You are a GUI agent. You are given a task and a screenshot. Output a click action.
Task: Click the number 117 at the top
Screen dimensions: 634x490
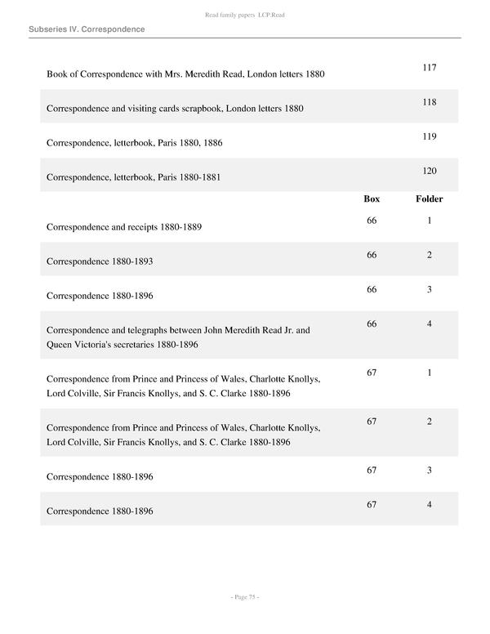click(x=430, y=67)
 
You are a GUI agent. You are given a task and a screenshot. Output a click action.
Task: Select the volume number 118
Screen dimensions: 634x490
click(x=430, y=102)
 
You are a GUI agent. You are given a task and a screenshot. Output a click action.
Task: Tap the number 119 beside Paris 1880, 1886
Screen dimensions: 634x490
click(x=430, y=136)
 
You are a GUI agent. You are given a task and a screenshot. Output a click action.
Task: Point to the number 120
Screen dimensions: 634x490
click(x=430, y=171)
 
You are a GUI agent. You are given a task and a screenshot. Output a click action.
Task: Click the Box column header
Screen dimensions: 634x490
click(x=372, y=199)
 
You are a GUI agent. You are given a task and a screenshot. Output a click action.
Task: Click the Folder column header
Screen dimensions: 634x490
click(x=430, y=199)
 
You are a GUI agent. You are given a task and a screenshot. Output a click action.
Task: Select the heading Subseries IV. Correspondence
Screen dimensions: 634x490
click(x=87, y=29)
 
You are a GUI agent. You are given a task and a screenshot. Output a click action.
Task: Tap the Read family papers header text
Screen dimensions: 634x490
click(x=245, y=16)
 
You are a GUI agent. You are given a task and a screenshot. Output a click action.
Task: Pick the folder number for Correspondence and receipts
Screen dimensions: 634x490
click(x=430, y=221)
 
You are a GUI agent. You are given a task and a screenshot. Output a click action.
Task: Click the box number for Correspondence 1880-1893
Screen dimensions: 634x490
click(x=372, y=255)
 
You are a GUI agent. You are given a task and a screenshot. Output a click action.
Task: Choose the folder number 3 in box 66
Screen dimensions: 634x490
click(x=430, y=289)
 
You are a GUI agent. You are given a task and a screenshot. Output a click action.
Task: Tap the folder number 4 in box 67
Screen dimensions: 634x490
click(x=430, y=505)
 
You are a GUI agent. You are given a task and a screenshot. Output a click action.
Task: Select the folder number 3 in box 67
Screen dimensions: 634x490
click(x=430, y=471)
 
